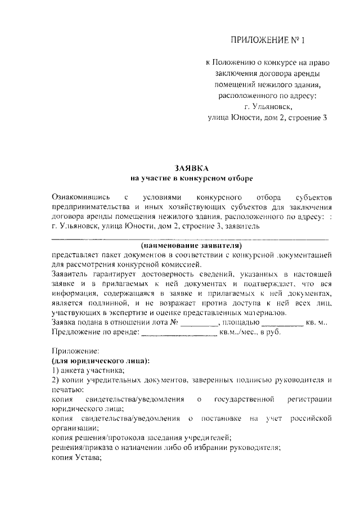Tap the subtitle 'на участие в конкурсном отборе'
[191, 178]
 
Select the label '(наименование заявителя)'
[191, 246]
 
